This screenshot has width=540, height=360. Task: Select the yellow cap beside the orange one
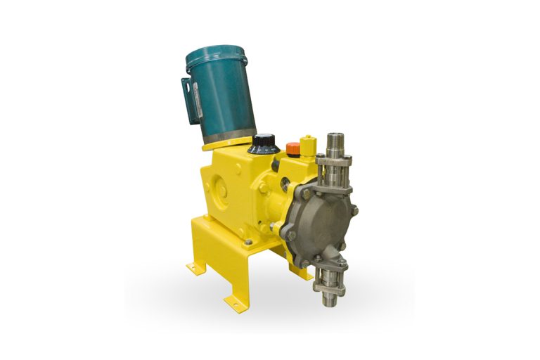(x=308, y=146)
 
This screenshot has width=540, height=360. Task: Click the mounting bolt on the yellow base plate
(x=247, y=242)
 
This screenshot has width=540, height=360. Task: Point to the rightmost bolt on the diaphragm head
(x=354, y=210)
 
